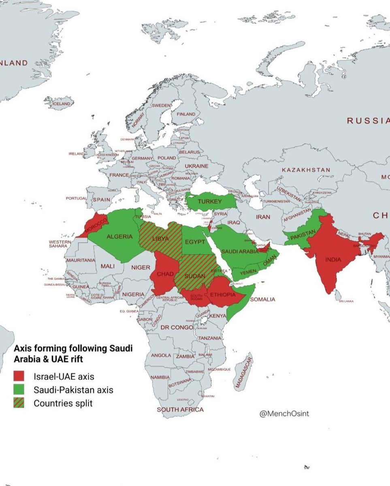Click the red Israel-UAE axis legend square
[x=19, y=376]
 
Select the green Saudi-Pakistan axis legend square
[x=19, y=390]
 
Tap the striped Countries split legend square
[x=19, y=403]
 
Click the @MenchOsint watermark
[x=284, y=414]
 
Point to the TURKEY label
[x=209, y=202]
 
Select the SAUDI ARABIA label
[x=239, y=252]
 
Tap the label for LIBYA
[x=160, y=239]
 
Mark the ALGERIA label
[x=119, y=237]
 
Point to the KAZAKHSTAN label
[x=306, y=170]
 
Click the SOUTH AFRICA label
[x=180, y=409]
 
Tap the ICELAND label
[x=62, y=104]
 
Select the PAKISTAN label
[x=303, y=234]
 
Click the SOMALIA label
[x=262, y=299]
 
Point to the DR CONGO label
[x=177, y=327]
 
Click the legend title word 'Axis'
[x=23, y=348]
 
